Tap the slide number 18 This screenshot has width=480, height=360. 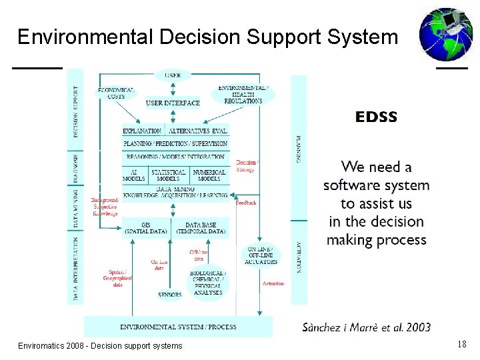[461, 344]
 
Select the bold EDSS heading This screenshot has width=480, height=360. [376, 117]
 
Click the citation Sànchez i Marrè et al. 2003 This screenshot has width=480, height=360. [366, 327]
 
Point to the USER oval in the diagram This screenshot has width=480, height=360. [173, 75]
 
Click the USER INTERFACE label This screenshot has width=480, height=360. [173, 103]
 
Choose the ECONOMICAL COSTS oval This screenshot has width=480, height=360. [116, 93]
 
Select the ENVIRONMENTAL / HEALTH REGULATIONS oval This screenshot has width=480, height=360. [243, 94]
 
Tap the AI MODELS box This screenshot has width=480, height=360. [134, 175]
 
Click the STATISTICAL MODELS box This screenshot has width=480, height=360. [168, 175]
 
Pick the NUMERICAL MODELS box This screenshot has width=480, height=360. [209, 175]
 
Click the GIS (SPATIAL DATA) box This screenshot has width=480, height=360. [146, 228]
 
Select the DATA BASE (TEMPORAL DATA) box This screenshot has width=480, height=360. [201, 228]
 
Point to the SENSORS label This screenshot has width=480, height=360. [169, 294]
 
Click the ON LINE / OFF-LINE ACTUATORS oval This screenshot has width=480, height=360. [261, 255]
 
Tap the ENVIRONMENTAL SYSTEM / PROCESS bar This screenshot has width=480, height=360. [178, 327]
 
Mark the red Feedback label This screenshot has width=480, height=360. [246, 202]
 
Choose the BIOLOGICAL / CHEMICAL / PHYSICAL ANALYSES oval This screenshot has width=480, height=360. [208, 283]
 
